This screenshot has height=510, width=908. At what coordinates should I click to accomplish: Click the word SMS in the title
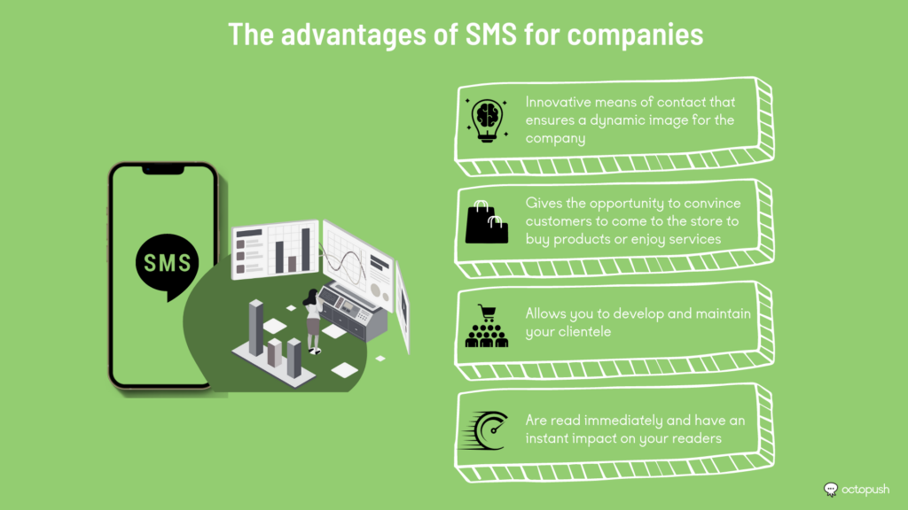pyautogui.click(x=491, y=35)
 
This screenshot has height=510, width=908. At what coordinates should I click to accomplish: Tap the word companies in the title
pyautogui.click(x=635, y=35)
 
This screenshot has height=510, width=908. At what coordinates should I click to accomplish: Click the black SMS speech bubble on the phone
pyautogui.click(x=168, y=266)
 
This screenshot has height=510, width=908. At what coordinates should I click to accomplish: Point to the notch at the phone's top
pyautogui.click(x=163, y=170)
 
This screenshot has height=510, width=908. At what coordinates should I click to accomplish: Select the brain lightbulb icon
pyautogui.click(x=487, y=120)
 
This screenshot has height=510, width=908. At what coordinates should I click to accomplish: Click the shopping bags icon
pyautogui.click(x=487, y=222)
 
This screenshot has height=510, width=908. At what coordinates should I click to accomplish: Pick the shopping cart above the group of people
pyautogui.click(x=487, y=313)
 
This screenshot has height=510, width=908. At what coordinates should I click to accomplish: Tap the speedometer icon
pyautogui.click(x=485, y=431)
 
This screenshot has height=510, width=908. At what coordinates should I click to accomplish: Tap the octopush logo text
pyautogui.click(x=865, y=490)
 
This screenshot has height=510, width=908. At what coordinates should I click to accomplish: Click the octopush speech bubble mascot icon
pyautogui.click(x=830, y=490)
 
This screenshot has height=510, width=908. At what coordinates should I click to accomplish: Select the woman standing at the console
pyautogui.click(x=313, y=320)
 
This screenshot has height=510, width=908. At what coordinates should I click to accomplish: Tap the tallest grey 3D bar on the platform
pyautogui.click(x=256, y=328)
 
